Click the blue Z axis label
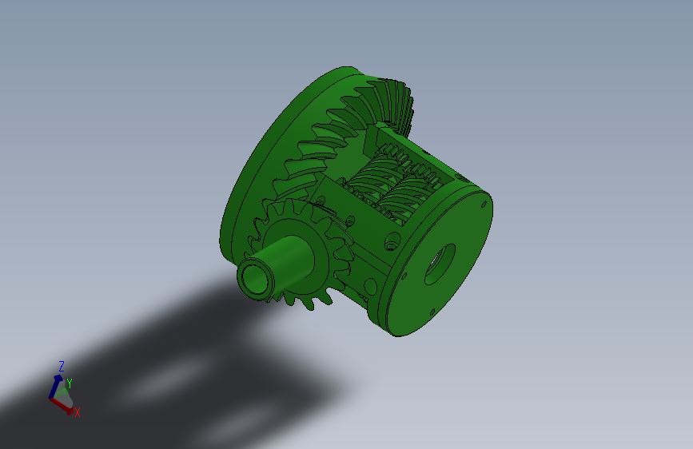click(x=61, y=366)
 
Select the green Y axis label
click(x=70, y=383)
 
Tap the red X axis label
click(x=77, y=412)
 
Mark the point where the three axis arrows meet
click(x=54, y=397)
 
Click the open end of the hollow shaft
click(x=255, y=280)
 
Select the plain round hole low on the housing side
click(x=369, y=284)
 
